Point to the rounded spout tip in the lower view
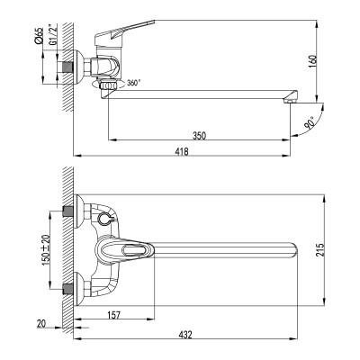pyautogui.click(x=292, y=249)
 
